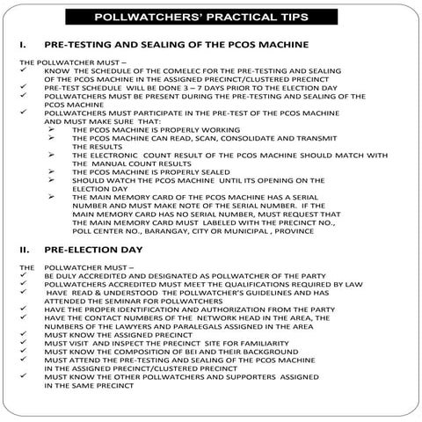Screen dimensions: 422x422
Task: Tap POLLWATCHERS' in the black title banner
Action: click(x=164, y=18)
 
